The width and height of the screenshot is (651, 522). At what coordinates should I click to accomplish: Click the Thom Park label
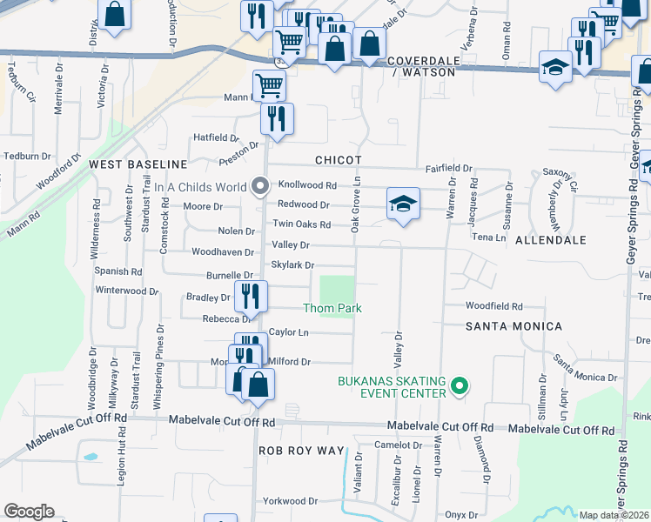(332, 308)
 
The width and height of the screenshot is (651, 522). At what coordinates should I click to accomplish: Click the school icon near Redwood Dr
(403, 204)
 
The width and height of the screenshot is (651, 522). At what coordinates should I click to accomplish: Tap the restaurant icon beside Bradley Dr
(250, 296)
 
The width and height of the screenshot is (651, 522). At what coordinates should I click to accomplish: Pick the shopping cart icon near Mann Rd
(270, 85)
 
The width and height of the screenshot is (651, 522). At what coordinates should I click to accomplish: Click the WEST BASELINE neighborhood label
(138, 164)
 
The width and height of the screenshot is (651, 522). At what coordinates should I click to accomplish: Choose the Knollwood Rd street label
(306, 185)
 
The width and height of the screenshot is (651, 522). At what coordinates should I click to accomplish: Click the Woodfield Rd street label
(493, 306)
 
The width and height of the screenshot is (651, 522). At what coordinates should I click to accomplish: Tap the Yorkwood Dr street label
(291, 501)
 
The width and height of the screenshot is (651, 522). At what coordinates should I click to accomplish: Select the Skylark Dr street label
(292, 264)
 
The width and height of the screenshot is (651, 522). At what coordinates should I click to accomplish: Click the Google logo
(29, 512)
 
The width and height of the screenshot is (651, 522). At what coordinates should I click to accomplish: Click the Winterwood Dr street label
(127, 291)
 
